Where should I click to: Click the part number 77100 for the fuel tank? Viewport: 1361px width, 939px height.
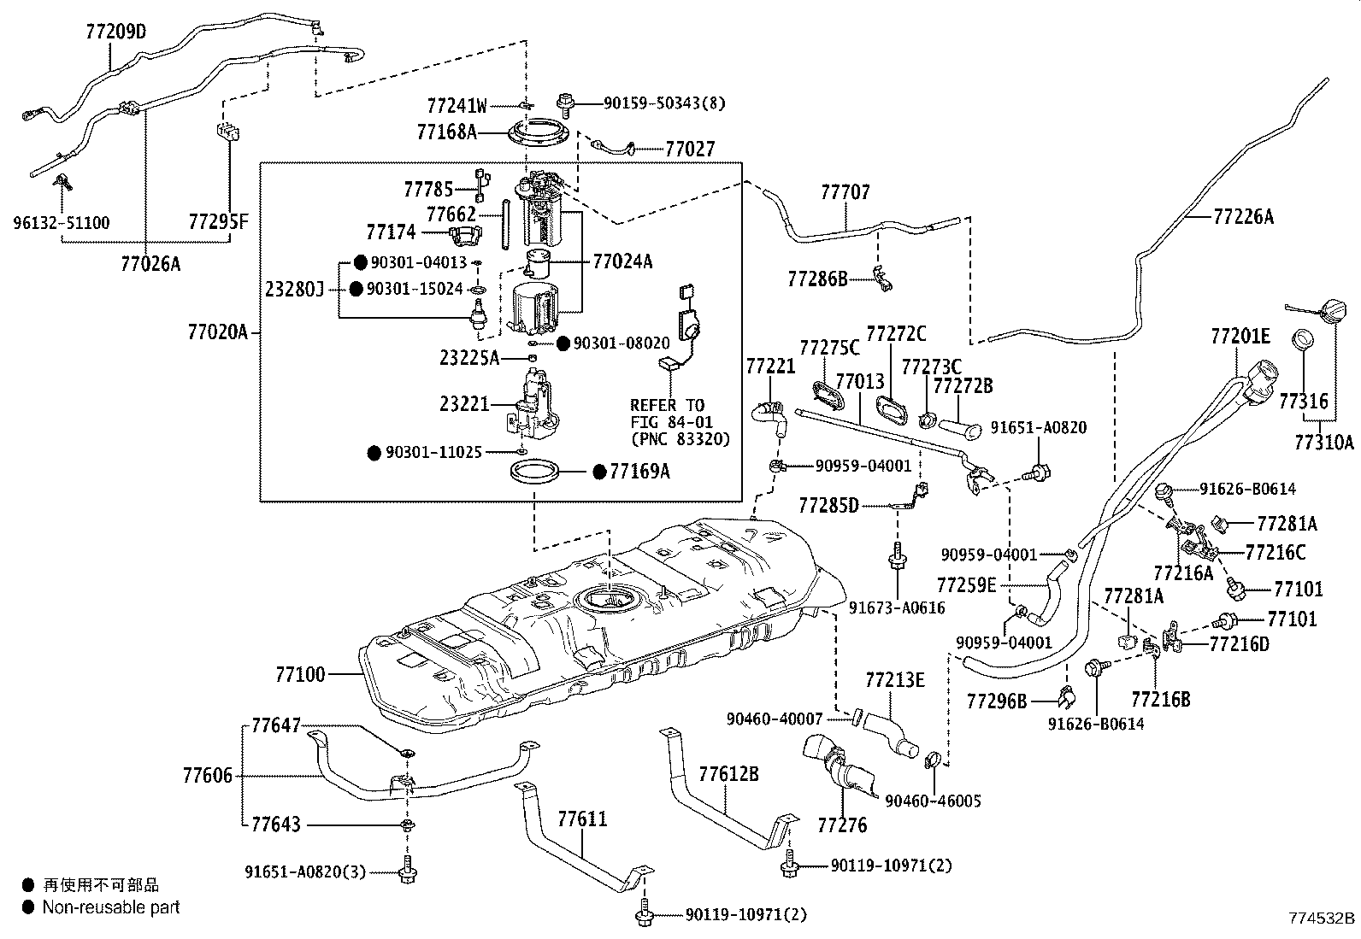299,675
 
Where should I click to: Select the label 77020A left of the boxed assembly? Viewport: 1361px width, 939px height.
217,332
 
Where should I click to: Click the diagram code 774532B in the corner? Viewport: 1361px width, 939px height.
1322,918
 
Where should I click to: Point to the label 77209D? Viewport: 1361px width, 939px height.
116,32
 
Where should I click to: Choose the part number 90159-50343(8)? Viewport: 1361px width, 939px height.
663,103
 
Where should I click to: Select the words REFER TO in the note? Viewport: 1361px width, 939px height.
668,405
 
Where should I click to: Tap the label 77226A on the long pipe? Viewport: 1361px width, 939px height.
1242,217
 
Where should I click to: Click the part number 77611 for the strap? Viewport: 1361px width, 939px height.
582,819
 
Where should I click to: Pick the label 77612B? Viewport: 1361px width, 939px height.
728,775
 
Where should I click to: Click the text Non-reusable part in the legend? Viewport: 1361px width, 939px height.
111,907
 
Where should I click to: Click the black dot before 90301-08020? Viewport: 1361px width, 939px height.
563,343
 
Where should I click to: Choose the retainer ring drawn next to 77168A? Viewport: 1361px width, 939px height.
537,134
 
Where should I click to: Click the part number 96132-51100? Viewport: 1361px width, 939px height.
62,223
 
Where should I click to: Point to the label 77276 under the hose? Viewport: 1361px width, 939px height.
841,825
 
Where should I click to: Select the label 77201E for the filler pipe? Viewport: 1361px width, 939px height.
1239,336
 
